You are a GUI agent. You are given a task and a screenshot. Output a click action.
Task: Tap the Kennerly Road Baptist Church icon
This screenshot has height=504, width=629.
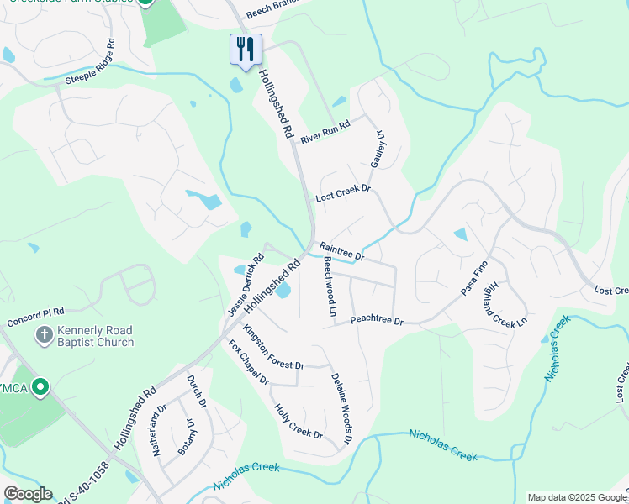point(45,335)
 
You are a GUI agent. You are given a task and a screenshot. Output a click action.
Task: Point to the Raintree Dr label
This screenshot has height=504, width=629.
point(341,250)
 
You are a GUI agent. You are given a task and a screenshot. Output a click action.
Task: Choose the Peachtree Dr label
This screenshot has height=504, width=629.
point(377,321)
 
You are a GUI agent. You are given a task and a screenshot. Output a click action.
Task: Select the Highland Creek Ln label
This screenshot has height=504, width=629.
point(505,302)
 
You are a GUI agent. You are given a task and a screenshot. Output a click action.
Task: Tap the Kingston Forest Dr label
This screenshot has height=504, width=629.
point(274,346)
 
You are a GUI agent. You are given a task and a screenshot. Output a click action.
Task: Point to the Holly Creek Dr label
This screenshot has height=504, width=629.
point(299,422)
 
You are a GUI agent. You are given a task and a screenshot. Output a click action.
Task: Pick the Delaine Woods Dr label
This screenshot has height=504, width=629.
point(341,408)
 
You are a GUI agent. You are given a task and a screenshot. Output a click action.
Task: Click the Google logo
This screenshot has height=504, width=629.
point(28,493)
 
